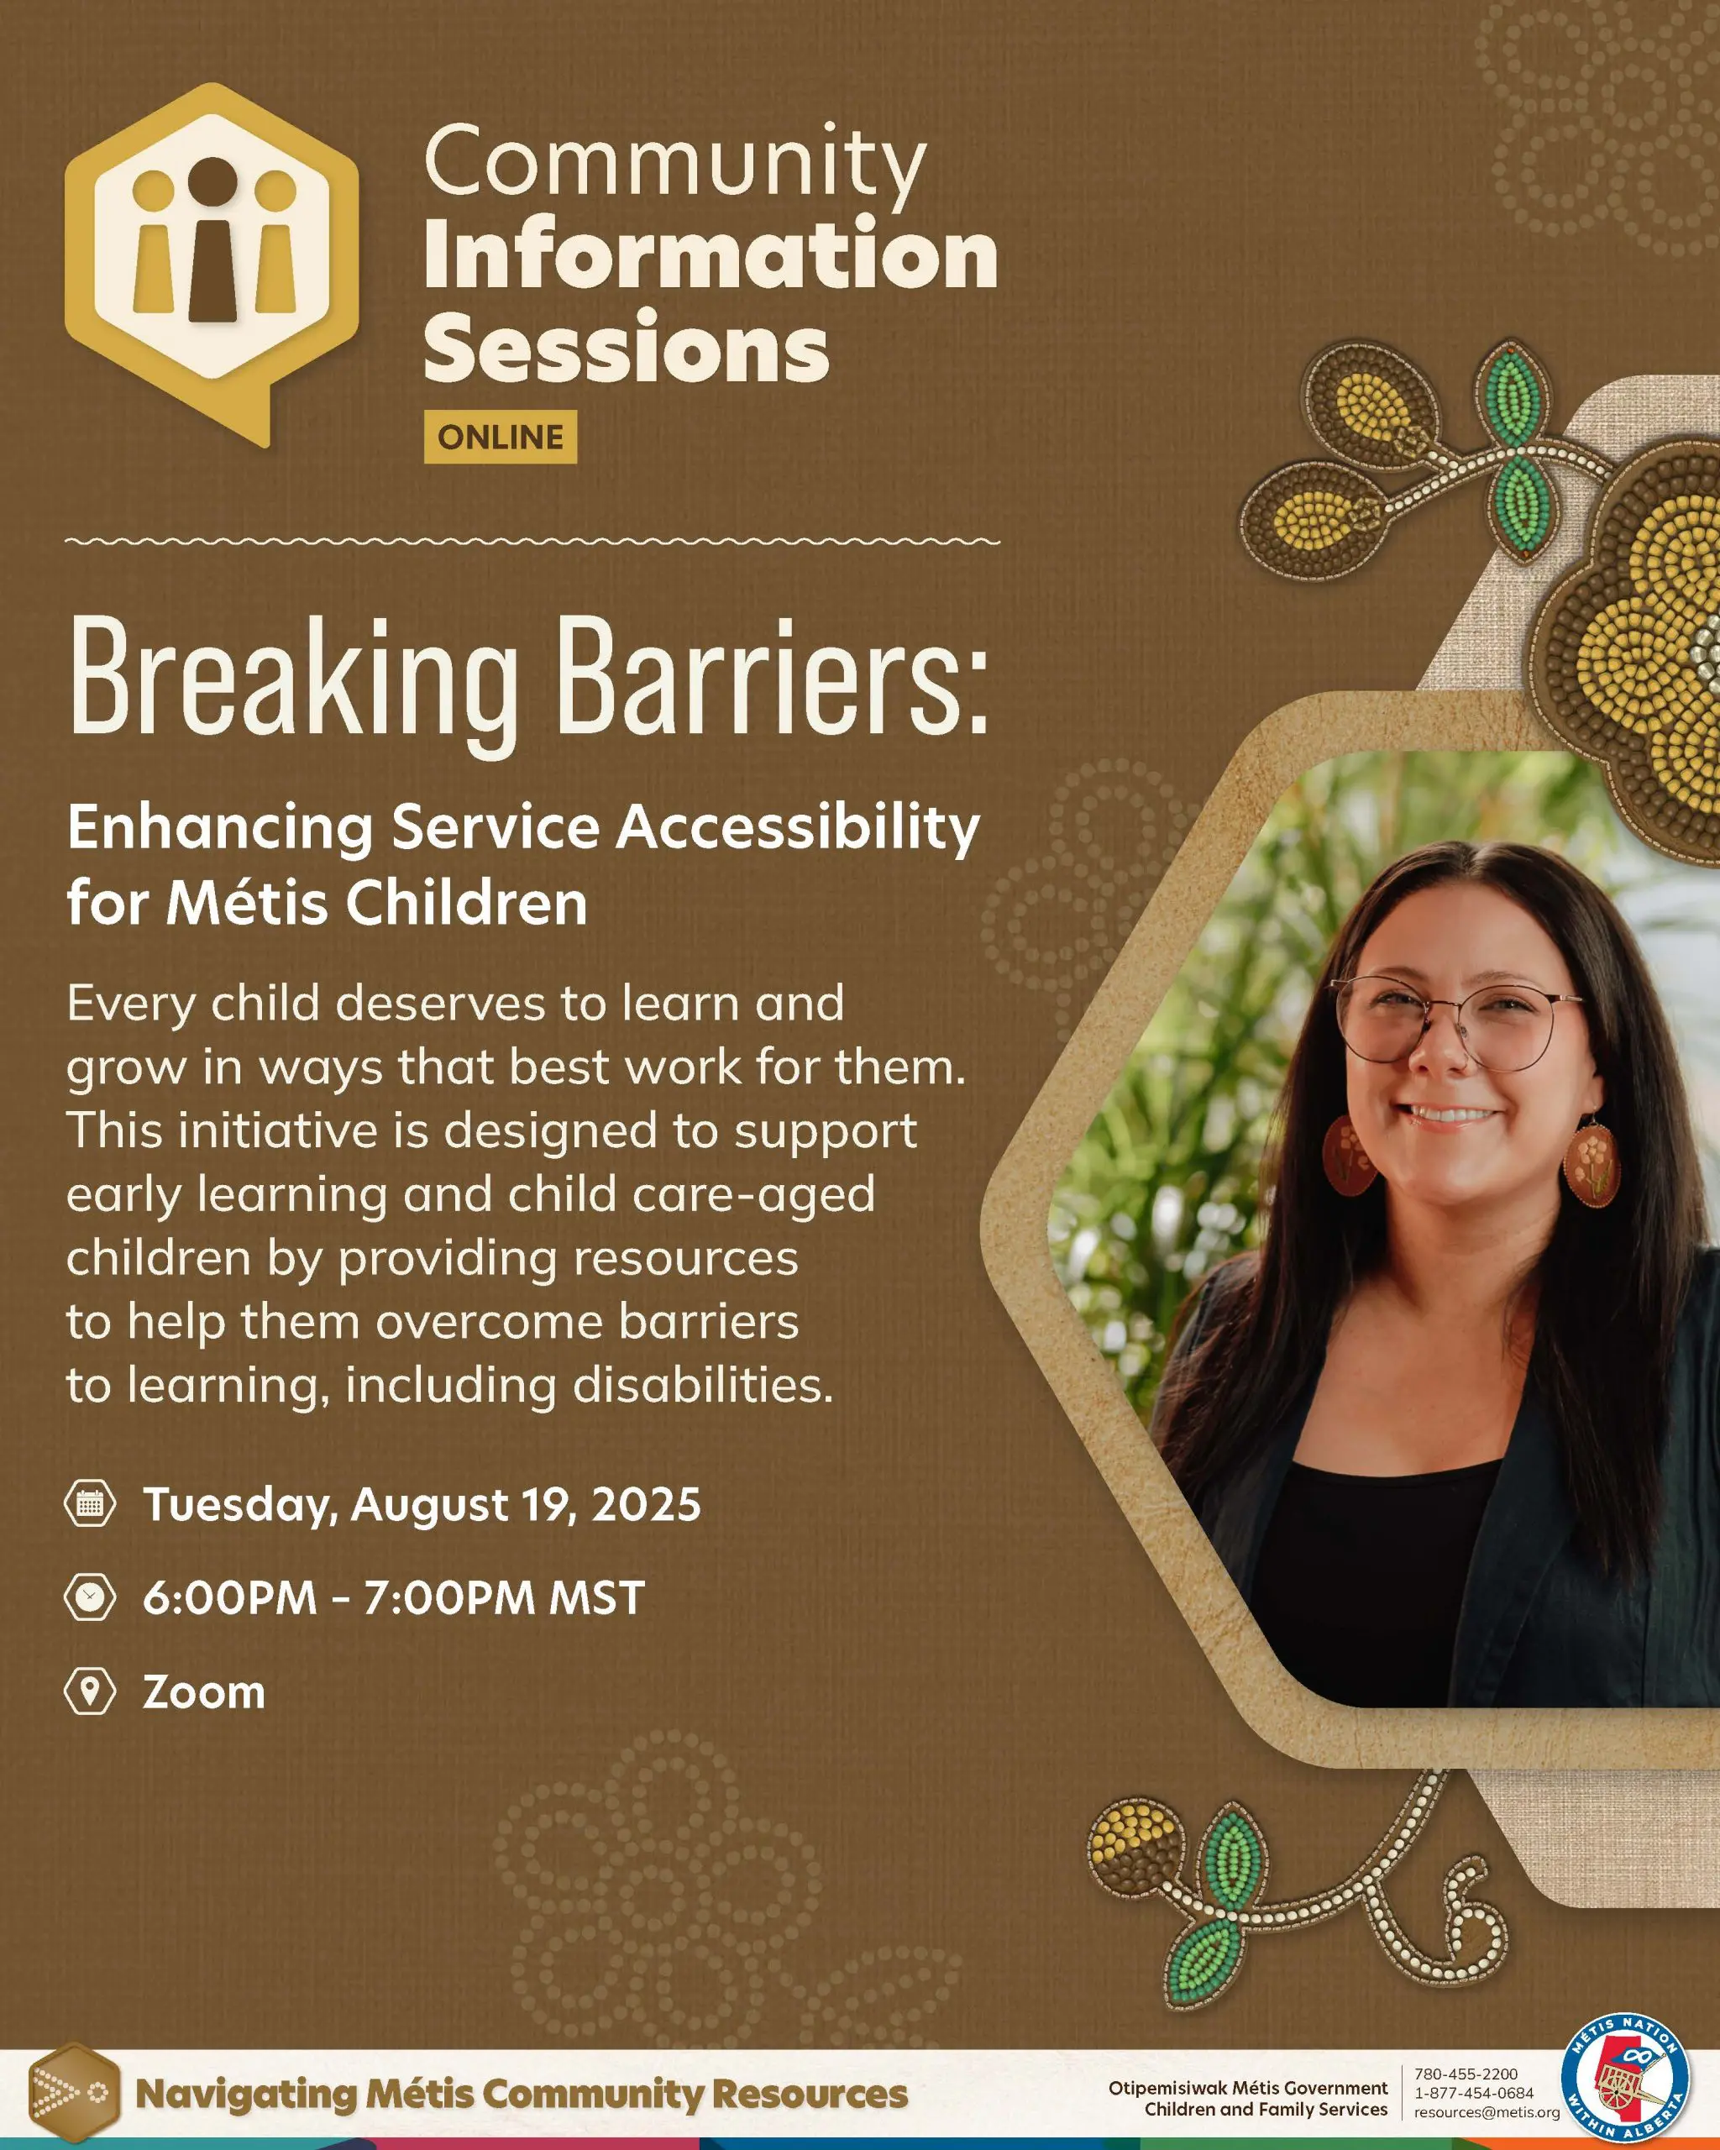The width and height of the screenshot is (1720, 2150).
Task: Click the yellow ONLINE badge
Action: tap(501, 437)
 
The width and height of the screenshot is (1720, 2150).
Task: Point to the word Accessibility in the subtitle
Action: tap(798, 829)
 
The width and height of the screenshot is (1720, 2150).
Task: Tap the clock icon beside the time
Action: tap(90, 1597)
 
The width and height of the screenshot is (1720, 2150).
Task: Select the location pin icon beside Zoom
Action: tap(90, 1691)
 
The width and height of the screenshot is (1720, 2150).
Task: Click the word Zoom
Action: tap(204, 1692)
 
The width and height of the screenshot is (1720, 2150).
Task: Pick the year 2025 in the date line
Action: tap(648, 1504)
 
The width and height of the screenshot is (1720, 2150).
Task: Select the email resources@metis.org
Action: tap(1487, 2112)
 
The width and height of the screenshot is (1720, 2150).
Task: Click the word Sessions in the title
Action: tap(627, 347)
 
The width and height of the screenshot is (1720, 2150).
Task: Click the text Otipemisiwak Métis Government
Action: tap(1247, 2087)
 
